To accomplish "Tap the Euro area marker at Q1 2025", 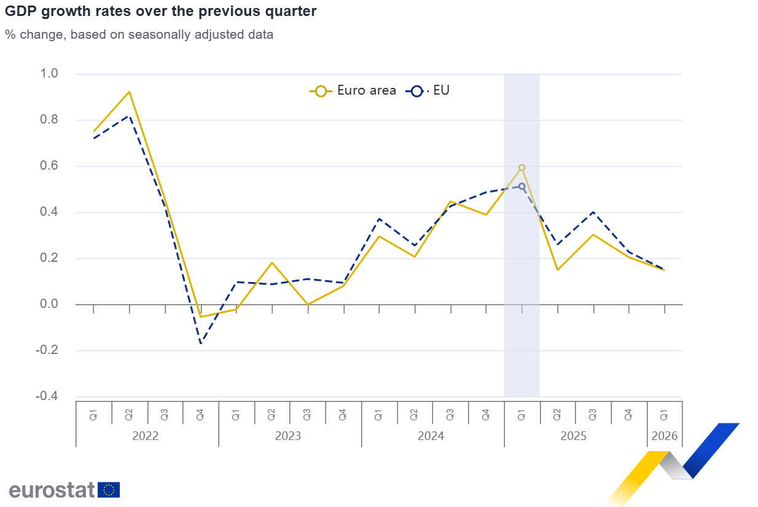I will point(522,167).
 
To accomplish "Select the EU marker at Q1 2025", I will point(522,186).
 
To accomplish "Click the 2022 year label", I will point(146,436).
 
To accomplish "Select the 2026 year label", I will point(665,436).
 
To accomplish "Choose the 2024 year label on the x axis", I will point(431,436).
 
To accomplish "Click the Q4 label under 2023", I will point(343,414).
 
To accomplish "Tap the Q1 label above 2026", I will point(664,414).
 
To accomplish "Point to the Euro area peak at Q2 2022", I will point(129,92).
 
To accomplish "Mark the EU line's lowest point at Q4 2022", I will point(200,343).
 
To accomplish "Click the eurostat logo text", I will point(52,490).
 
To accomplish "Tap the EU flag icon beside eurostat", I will point(109,490).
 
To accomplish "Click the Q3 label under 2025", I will point(593,414).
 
